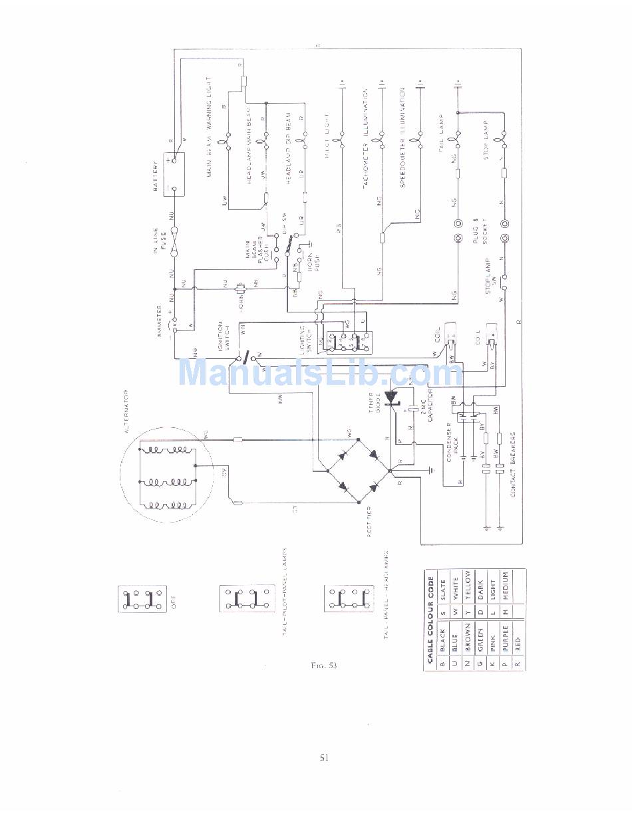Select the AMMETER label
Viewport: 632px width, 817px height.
pos(160,321)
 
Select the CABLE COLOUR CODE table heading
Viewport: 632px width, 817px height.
pos(430,618)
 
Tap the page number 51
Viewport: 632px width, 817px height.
pos(324,757)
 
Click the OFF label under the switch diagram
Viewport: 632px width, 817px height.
pos(174,606)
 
